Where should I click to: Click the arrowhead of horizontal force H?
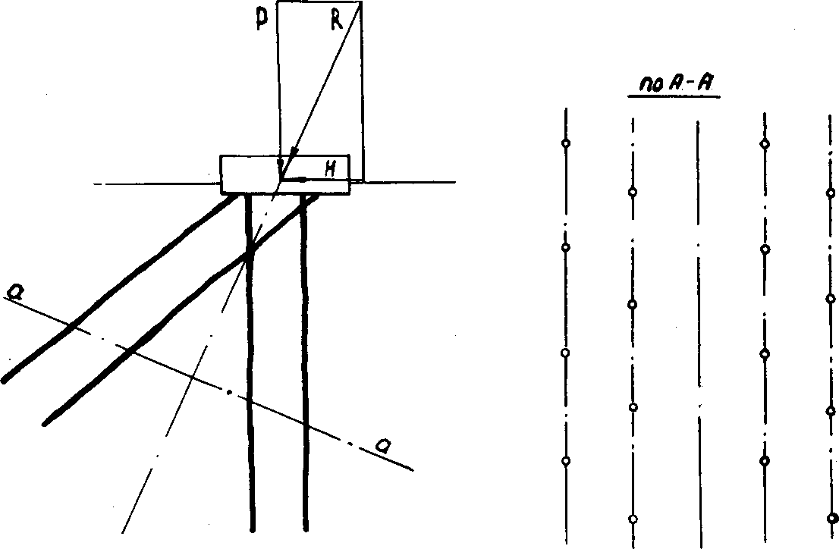click(x=302, y=180)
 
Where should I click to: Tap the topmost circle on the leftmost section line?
click(x=565, y=143)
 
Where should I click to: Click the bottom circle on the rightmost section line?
click(x=831, y=519)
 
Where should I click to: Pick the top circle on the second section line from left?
click(x=633, y=193)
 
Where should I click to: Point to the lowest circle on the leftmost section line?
click(x=565, y=461)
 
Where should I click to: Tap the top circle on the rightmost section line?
click(x=830, y=193)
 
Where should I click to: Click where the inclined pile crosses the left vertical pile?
click(x=249, y=256)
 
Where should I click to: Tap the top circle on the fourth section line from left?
click(x=765, y=143)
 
